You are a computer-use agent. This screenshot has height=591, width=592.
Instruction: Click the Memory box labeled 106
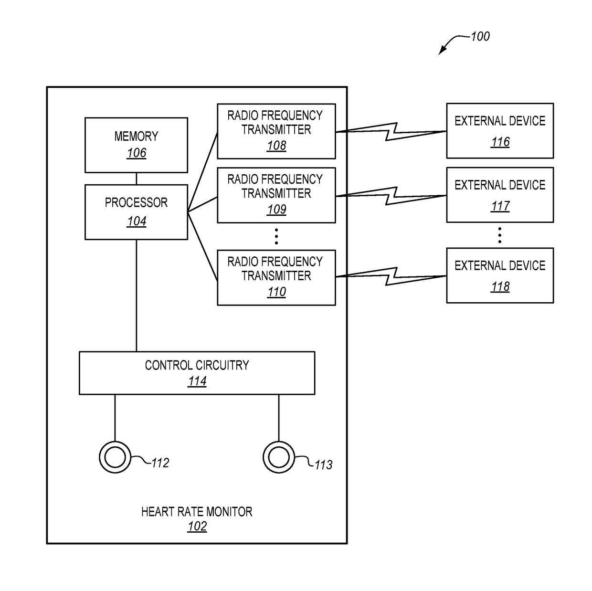tap(136, 145)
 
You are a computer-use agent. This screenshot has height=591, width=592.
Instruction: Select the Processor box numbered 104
tap(136, 212)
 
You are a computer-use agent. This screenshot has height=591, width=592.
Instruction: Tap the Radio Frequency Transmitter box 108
tap(276, 131)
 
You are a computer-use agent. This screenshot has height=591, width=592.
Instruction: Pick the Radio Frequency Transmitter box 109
tap(276, 195)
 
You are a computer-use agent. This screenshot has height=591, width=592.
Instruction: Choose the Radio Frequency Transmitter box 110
tap(276, 277)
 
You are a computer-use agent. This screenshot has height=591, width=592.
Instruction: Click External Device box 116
tap(500, 131)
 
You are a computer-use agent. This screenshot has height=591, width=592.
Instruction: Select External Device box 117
tap(500, 195)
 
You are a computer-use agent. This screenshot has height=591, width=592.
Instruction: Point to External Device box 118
tap(500, 275)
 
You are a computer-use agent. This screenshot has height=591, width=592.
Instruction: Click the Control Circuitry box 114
tap(197, 373)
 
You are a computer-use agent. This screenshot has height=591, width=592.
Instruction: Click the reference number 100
tap(480, 37)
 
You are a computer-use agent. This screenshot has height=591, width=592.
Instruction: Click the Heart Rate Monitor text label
tap(197, 512)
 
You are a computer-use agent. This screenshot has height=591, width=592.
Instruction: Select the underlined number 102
tap(197, 527)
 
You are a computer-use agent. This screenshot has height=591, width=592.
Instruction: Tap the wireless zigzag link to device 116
tap(391, 132)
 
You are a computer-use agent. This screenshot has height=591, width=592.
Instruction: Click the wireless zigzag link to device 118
tap(391, 276)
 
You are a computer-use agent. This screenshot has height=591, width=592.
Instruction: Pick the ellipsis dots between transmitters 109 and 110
tap(276, 236)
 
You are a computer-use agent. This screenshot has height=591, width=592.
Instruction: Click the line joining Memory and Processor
tap(136, 179)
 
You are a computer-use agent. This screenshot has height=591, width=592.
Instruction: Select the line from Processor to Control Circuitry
tap(136, 295)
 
